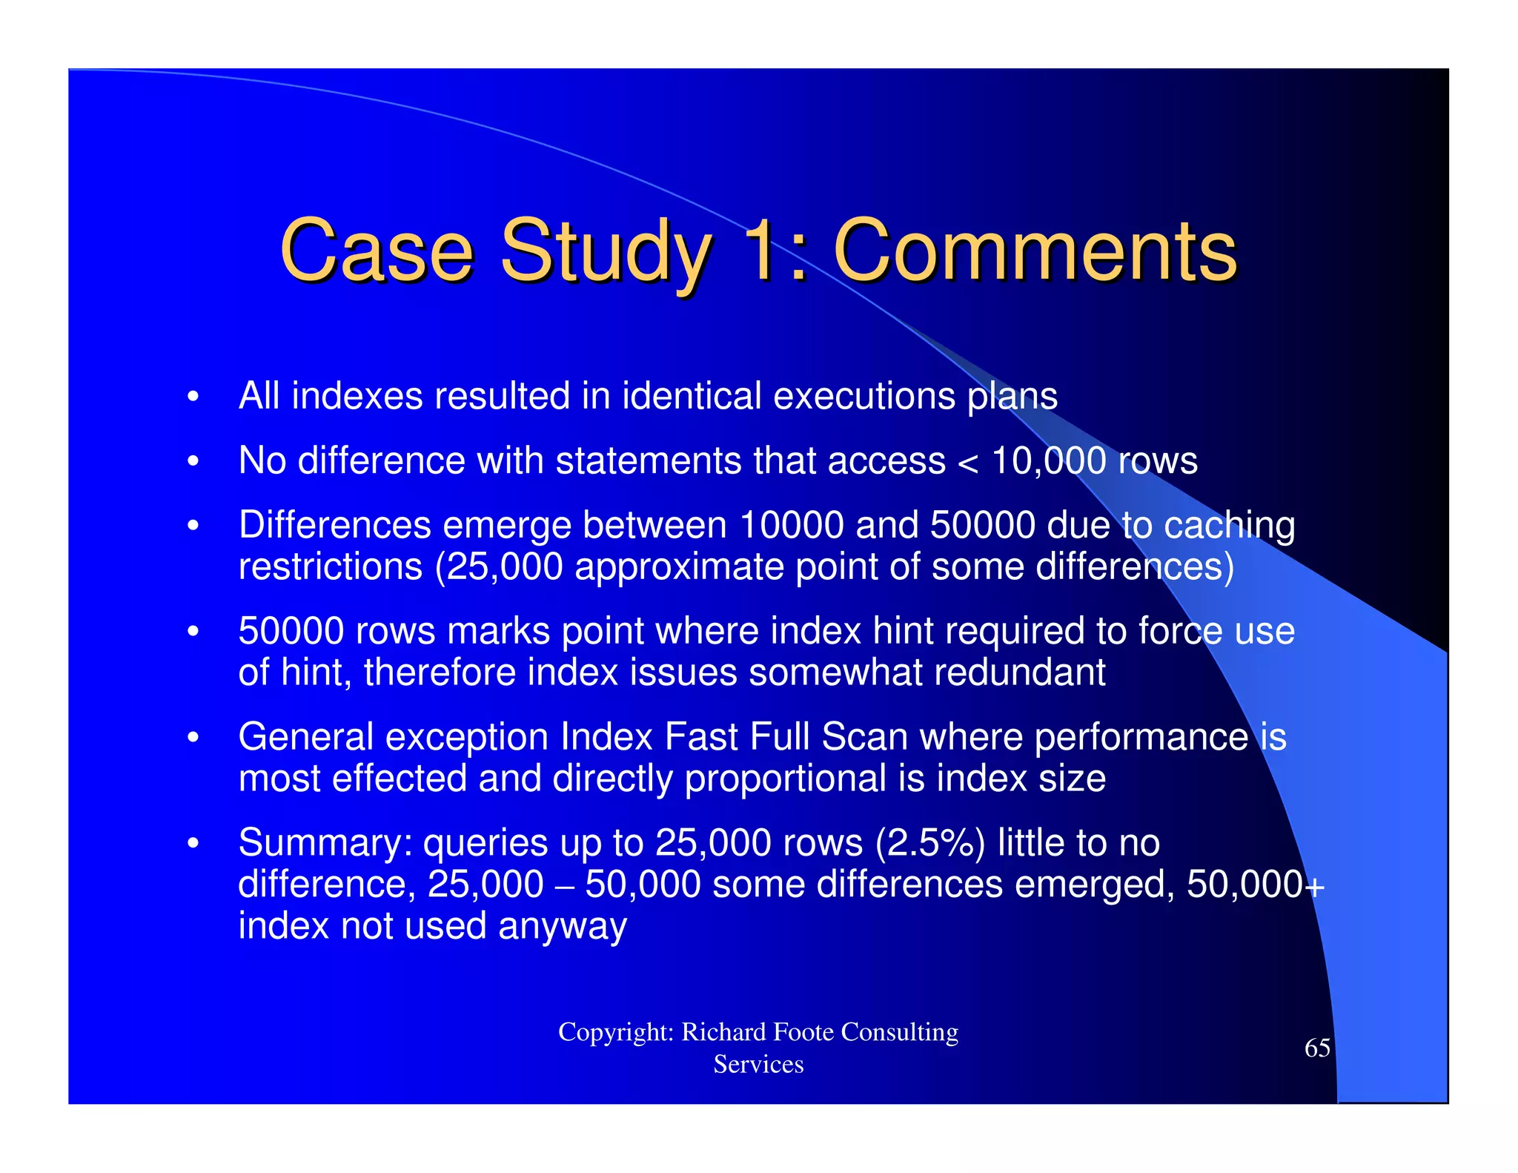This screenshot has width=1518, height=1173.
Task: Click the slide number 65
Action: coord(1317,1048)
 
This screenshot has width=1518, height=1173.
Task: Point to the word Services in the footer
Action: coord(758,1065)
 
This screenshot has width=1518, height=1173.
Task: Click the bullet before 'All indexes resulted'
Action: coord(193,397)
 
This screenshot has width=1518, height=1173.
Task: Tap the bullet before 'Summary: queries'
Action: coord(193,844)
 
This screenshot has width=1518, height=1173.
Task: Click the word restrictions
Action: coord(331,567)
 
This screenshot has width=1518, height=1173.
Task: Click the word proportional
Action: coord(786,779)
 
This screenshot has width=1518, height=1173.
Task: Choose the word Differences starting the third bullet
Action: coord(335,525)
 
